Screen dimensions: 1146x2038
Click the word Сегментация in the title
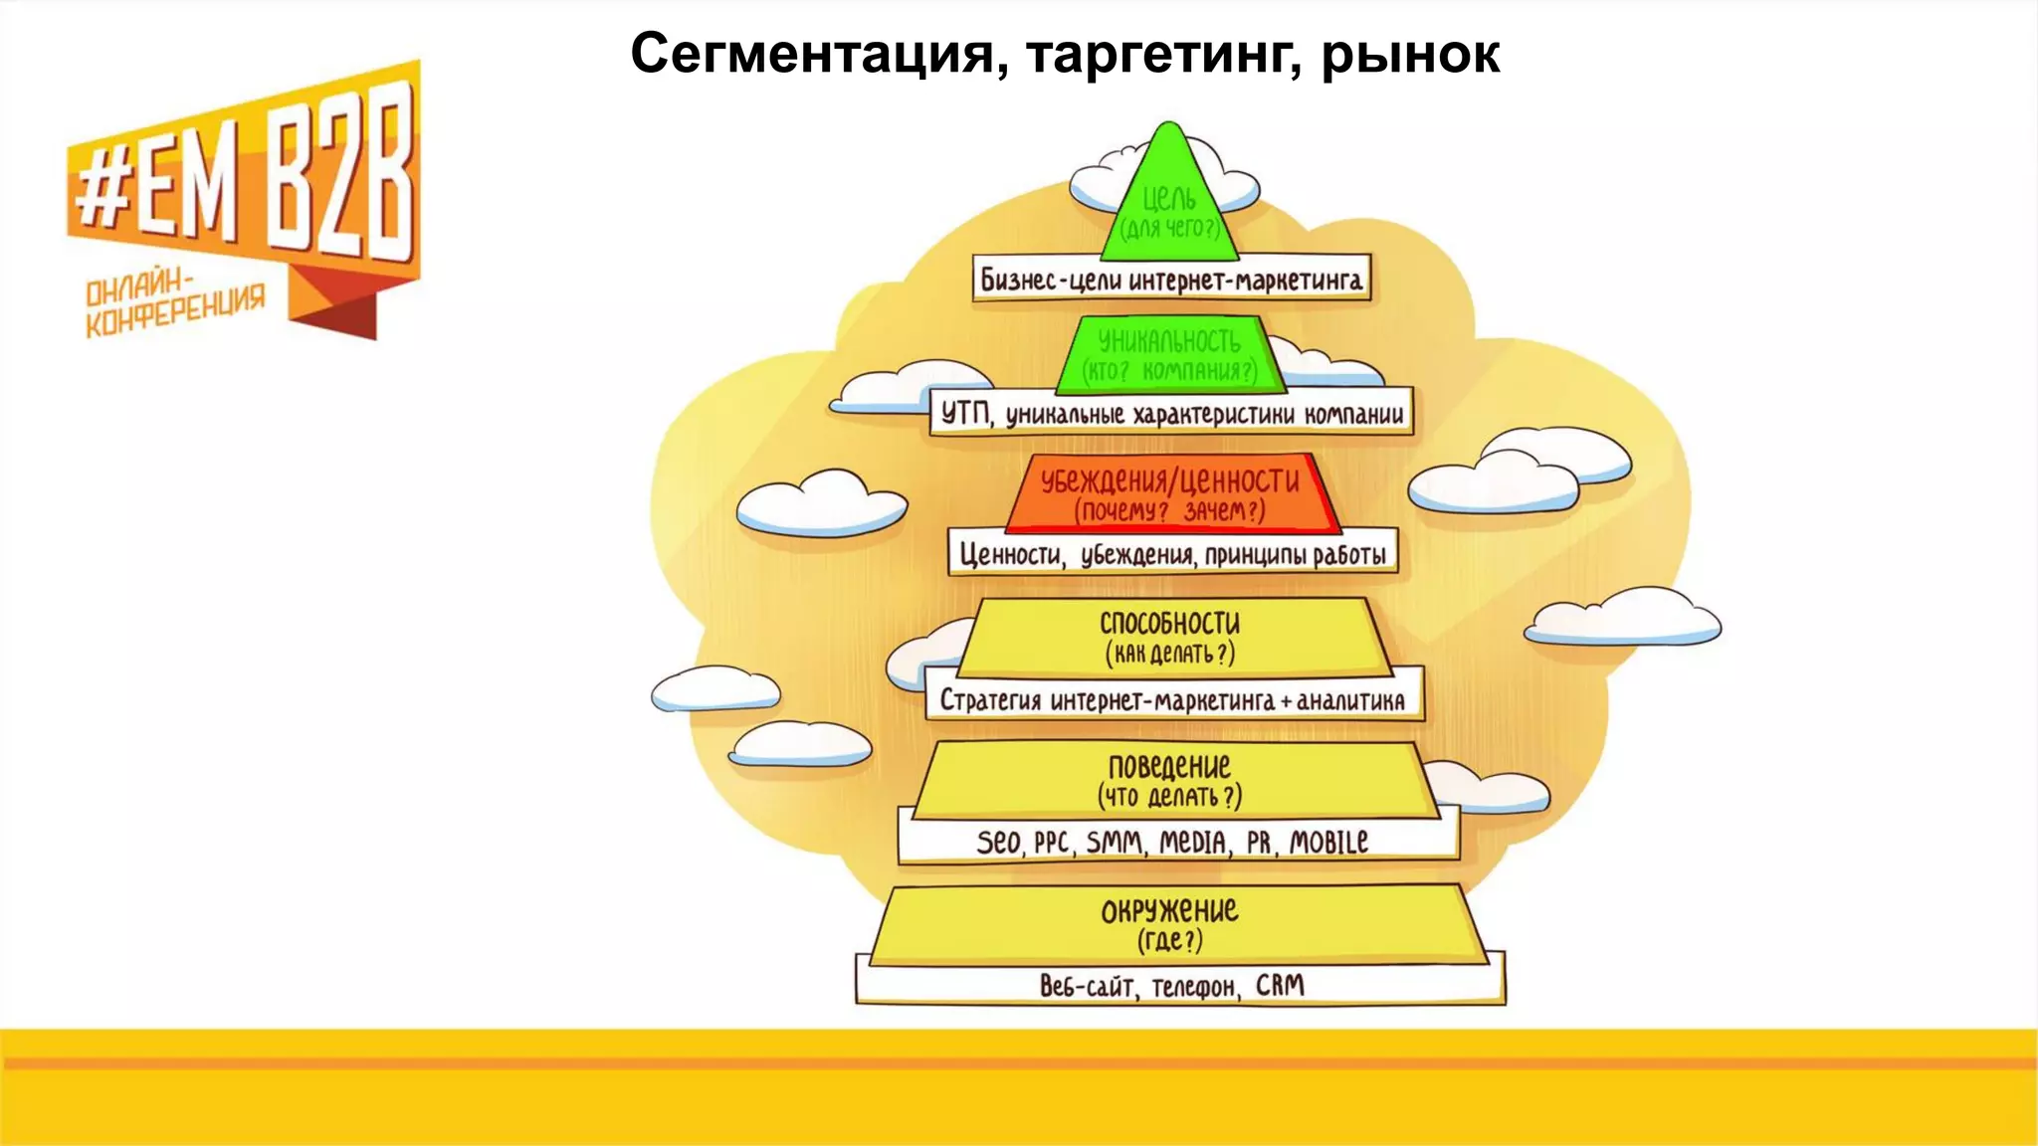[811, 54]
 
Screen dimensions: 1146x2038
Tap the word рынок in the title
[1410, 56]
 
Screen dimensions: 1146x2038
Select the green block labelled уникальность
[1169, 354]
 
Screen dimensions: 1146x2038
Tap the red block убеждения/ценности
[1170, 494]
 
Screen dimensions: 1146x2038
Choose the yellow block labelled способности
[1170, 637]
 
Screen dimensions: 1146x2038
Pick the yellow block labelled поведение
[1171, 780]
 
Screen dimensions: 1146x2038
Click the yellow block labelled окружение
[1170, 923]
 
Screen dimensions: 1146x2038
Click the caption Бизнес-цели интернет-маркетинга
[1170, 280]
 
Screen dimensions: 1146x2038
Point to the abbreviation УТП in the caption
[965, 413]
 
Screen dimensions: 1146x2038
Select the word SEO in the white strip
[998, 843]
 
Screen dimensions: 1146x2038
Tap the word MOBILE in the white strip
[1328, 843]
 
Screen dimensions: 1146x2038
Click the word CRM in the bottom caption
[1280, 985]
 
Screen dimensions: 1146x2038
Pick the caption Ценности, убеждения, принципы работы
[1171, 554]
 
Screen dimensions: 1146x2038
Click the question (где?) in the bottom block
[1170, 940]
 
